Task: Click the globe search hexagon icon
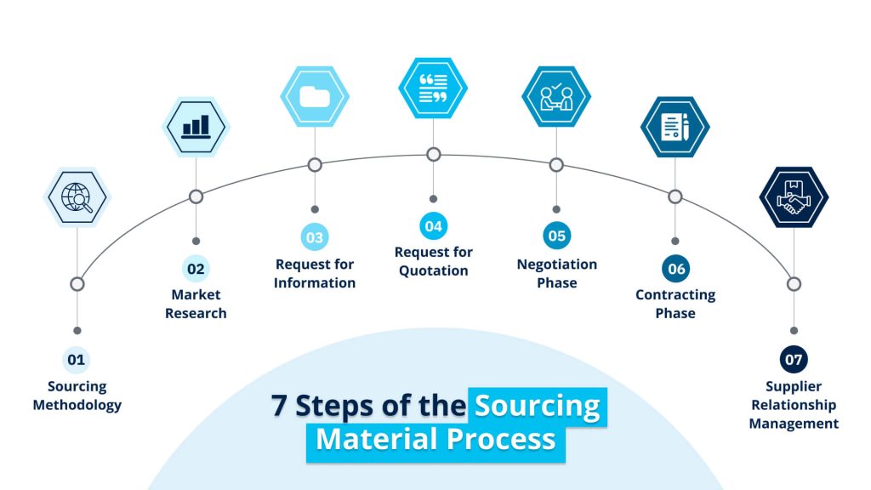click(77, 197)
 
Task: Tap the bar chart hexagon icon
click(196, 127)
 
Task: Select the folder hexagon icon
click(315, 96)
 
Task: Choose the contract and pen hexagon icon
click(675, 127)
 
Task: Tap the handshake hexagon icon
click(794, 197)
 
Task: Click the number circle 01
click(77, 360)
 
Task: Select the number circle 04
click(433, 226)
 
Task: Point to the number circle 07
click(794, 360)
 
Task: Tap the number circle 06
click(675, 269)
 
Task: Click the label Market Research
click(196, 304)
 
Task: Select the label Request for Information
click(315, 273)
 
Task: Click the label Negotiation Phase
click(556, 273)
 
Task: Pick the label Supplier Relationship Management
click(794, 405)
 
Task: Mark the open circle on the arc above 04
click(433, 154)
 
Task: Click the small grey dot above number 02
click(196, 241)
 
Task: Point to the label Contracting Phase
click(675, 304)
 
